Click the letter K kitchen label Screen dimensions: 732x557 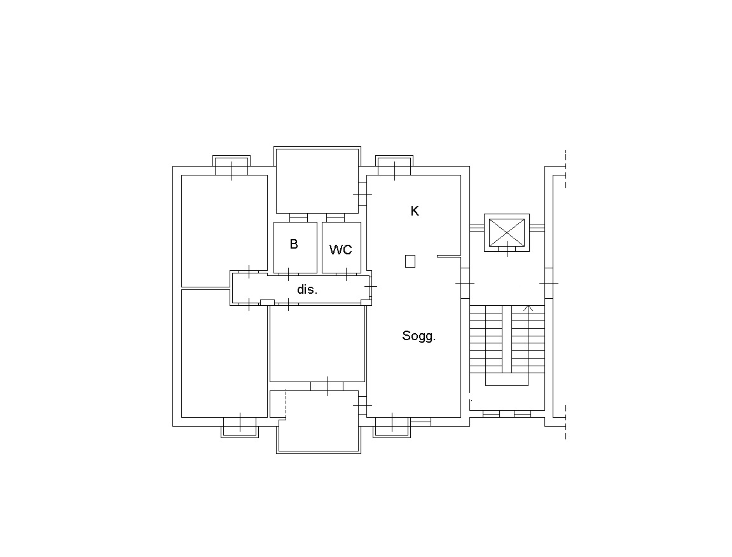pos(415,211)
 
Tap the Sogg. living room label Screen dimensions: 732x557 pos(418,336)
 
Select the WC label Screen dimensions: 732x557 pos(340,250)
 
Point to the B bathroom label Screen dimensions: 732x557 pos(294,244)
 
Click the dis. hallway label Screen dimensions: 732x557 pos(307,289)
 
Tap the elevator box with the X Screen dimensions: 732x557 pos(506,233)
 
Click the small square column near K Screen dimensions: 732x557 pos(410,261)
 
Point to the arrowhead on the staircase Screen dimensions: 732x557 pos(528,308)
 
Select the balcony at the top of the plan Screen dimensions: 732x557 pos(317,181)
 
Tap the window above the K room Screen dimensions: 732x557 pos(394,166)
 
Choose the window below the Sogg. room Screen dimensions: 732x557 pos(392,427)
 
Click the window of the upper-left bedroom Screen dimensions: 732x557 pos(231,166)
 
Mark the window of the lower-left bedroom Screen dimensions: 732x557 pos(240,427)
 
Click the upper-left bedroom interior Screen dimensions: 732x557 pos(224,231)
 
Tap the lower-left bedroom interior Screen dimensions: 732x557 pos(224,354)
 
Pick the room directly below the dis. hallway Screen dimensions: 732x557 pos(317,343)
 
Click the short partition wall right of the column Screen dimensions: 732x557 pos(449,256)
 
